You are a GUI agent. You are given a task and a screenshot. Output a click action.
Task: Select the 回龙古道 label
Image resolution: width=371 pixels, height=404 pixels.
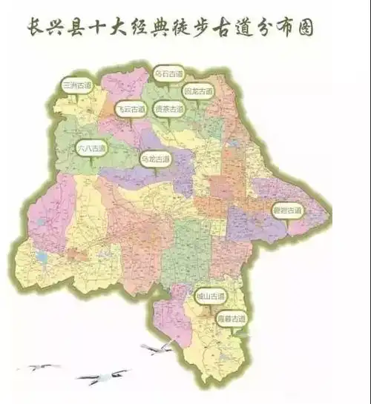coord(197,91)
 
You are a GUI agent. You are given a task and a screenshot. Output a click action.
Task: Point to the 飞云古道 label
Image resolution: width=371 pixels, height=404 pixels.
coord(130,108)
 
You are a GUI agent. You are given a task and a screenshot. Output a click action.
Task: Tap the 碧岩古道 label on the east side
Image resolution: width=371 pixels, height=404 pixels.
coord(287,210)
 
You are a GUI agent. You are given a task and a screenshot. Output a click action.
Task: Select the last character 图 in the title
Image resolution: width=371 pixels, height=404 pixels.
coord(303,28)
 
